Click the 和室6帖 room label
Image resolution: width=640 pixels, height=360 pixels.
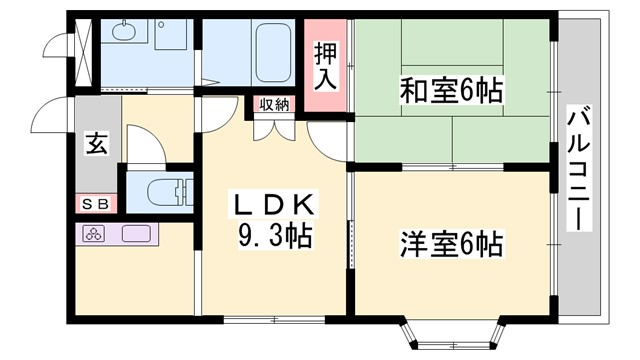click(451, 93)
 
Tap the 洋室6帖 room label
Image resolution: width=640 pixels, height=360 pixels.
click(451, 243)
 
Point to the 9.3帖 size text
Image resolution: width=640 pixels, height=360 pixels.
click(273, 237)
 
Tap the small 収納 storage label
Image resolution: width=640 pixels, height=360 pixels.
click(274, 104)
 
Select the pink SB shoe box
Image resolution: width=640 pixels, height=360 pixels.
click(95, 205)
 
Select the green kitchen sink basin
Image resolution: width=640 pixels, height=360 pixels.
click(135, 236)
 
